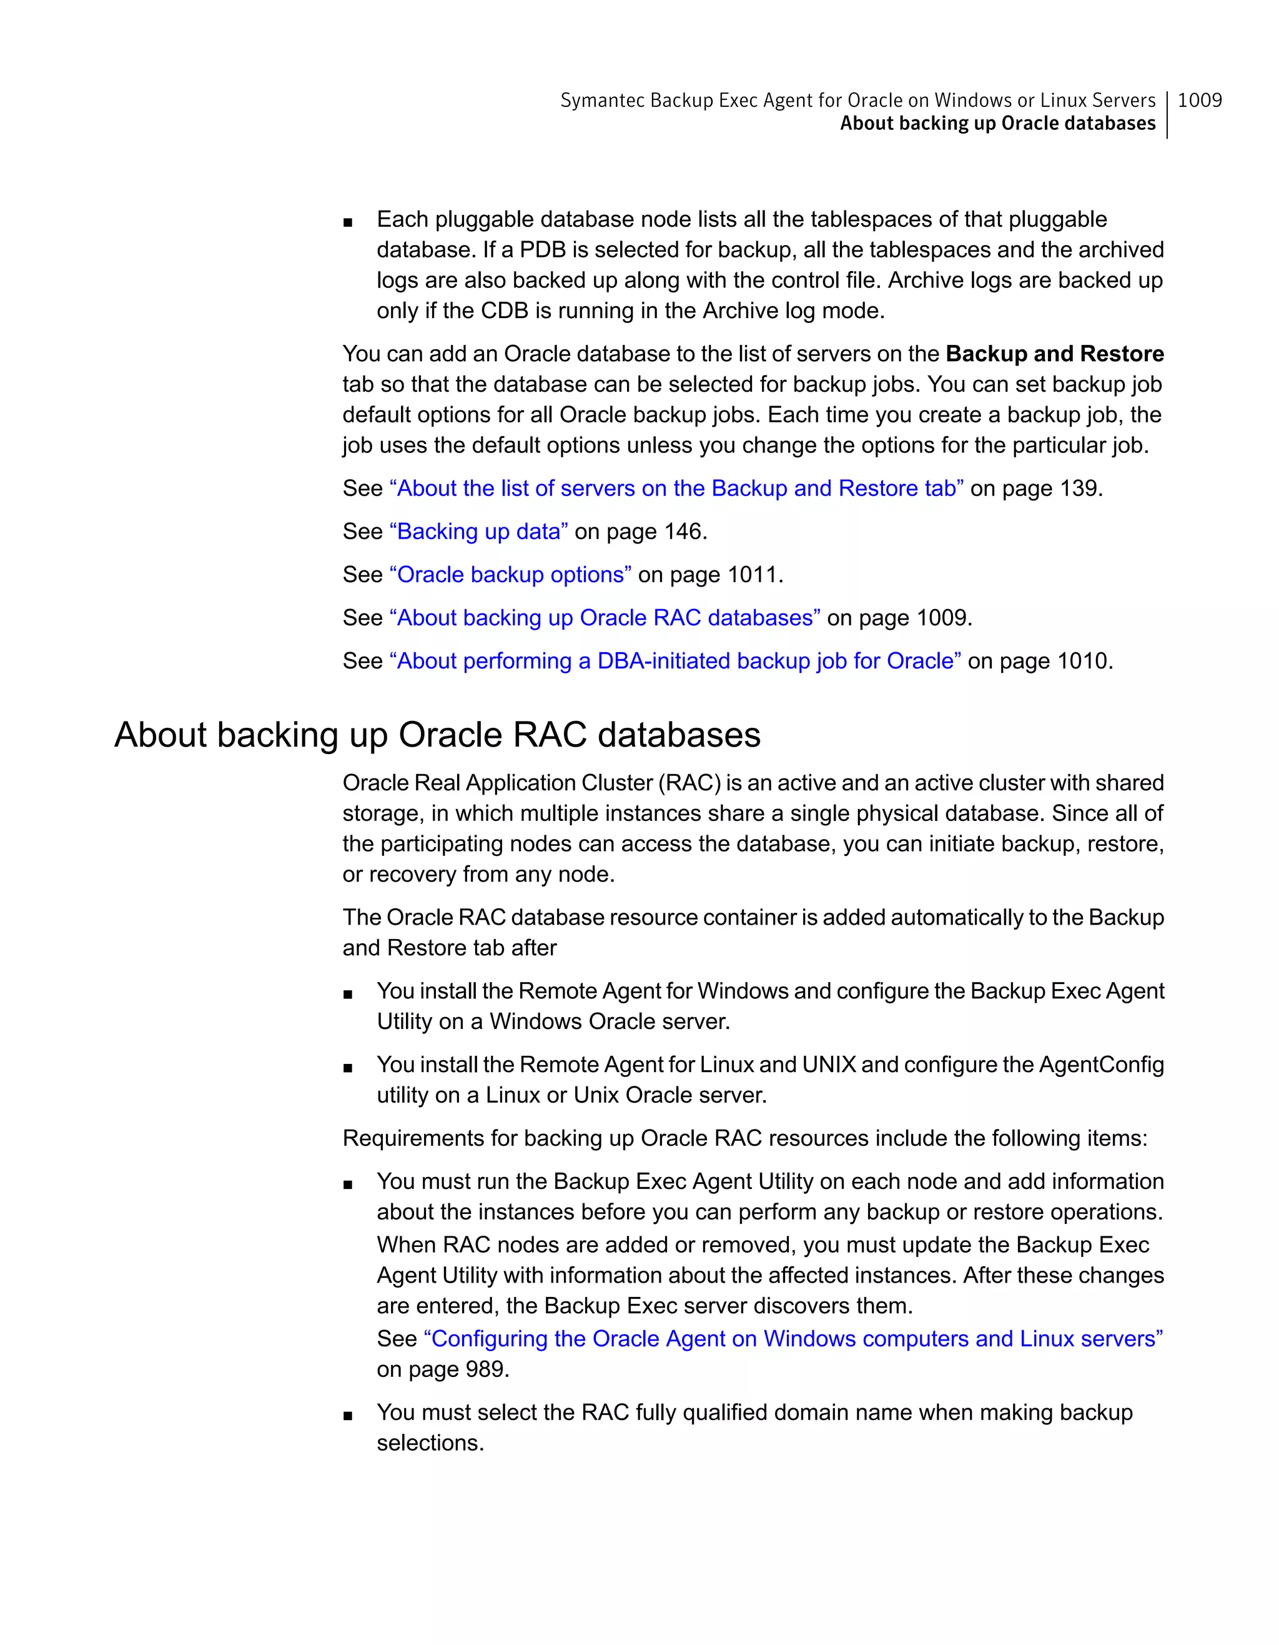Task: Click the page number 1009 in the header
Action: (x=1199, y=100)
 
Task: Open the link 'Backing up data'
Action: (x=478, y=532)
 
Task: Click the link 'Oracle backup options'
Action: (x=510, y=575)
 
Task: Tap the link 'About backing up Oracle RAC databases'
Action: (x=604, y=618)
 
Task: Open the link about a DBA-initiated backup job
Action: (x=674, y=662)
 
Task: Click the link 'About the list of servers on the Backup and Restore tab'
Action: (x=675, y=489)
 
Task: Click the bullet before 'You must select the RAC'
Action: (x=347, y=1415)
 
